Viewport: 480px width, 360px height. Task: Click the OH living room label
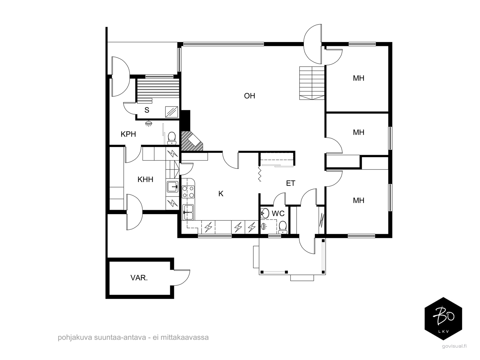[249, 96]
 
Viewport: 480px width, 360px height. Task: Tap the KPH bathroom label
[128, 134]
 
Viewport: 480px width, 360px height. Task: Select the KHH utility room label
[145, 180]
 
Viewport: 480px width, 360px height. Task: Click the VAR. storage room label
[139, 278]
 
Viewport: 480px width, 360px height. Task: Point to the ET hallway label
[291, 183]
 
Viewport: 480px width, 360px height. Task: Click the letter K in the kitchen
[221, 193]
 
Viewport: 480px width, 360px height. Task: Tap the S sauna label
[147, 110]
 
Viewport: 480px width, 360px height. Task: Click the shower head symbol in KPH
[149, 124]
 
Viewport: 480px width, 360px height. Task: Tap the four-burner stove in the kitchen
[188, 192]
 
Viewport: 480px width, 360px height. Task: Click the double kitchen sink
[188, 212]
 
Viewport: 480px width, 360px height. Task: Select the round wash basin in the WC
[265, 213]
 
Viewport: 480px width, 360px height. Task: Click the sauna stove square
[172, 112]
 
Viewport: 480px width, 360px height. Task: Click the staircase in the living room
[312, 83]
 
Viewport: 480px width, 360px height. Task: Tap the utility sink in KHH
[173, 187]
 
